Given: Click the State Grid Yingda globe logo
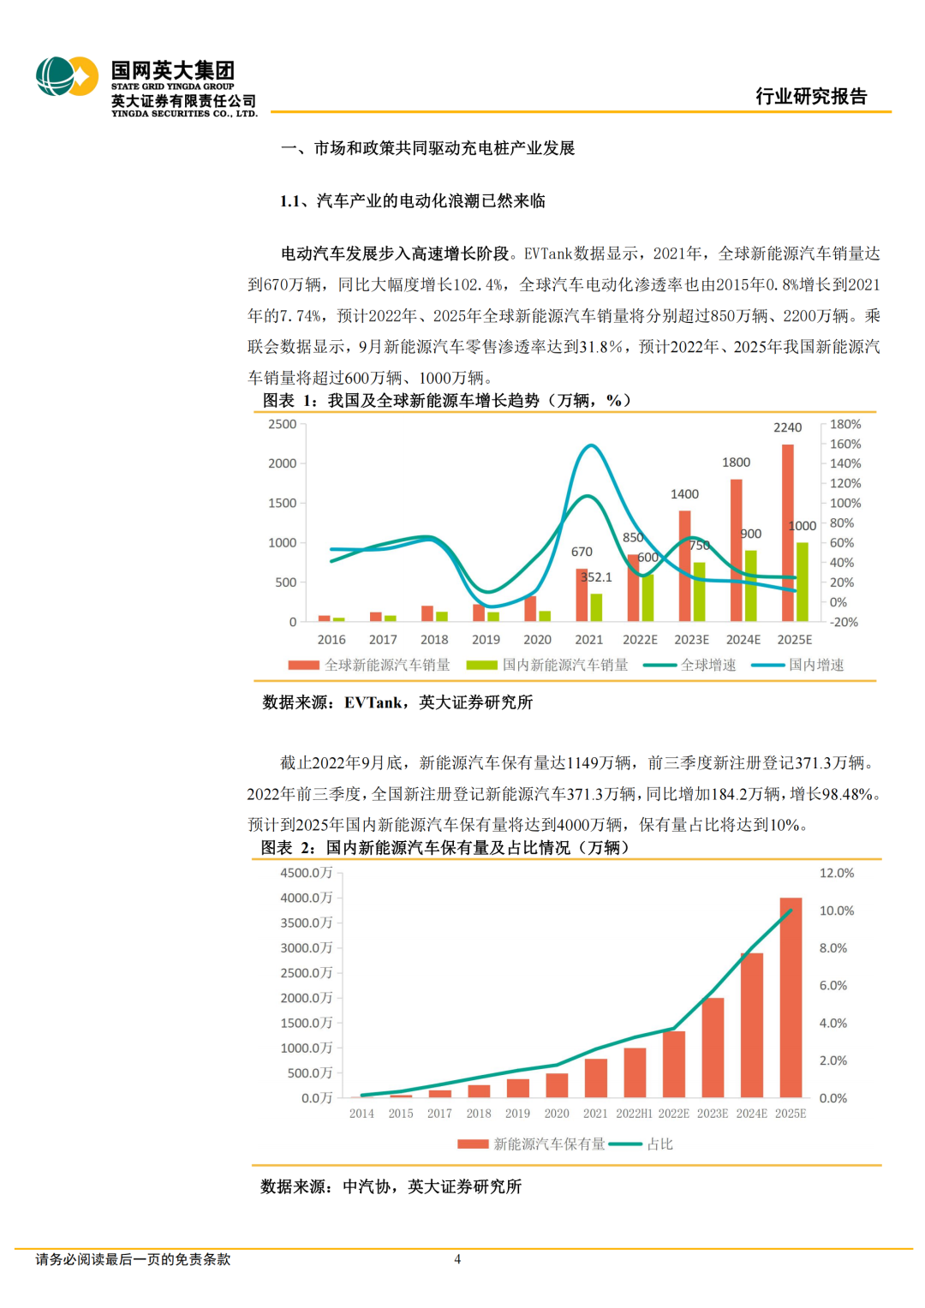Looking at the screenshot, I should pyautogui.click(x=67, y=77).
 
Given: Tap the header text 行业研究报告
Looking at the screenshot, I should pyautogui.click(x=810, y=96).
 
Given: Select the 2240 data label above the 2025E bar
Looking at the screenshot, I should pyautogui.click(x=787, y=427).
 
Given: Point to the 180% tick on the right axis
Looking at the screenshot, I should pyautogui.click(x=844, y=424).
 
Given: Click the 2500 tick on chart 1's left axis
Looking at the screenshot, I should pyautogui.click(x=282, y=424).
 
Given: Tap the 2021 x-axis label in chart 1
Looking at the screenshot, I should pyautogui.click(x=588, y=640).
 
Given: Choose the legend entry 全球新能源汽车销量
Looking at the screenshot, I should pyautogui.click(x=369, y=665).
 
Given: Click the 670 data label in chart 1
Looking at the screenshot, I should pyautogui.click(x=582, y=552).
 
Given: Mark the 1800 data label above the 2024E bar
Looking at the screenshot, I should pyautogui.click(x=736, y=463).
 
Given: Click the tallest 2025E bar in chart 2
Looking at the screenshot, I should pyautogui.click(x=791, y=997).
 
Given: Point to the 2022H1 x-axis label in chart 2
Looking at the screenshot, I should pyautogui.click(x=634, y=1114).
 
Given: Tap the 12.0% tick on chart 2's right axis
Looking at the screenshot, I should pyautogui.click(x=836, y=873).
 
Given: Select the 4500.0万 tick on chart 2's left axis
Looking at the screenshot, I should pyautogui.click(x=306, y=873).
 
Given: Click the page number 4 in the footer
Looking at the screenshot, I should pyautogui.click(x=457, y=1259).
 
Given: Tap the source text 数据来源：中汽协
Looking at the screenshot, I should pyautogui.click(x=391, y=1186).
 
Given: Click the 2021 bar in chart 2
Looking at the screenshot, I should pyautogui.click(x=595, y=1078).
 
